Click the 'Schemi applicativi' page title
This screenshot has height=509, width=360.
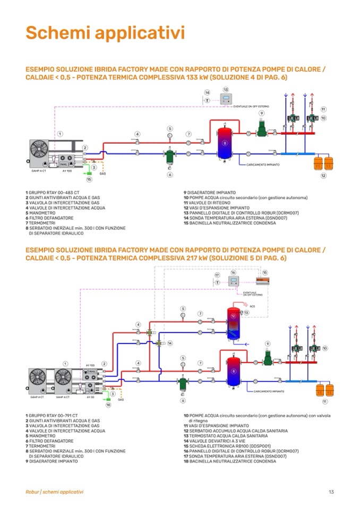click(x=105, y=33)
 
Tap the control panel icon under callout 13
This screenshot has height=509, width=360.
click(x=227, y=100)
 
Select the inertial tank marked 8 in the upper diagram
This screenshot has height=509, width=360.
click(x=225, y=143)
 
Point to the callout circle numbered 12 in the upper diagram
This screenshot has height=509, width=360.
click(x=323, y=176)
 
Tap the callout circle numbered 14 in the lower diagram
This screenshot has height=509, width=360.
click(x=170, y=343)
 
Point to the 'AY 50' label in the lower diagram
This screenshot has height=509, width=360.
click(x=91, y=396)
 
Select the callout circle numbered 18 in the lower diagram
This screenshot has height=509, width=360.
click(x=108, y=405)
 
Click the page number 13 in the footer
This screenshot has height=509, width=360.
click(x=331, y=491)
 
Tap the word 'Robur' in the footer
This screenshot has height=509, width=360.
click(x=32, y=491)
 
